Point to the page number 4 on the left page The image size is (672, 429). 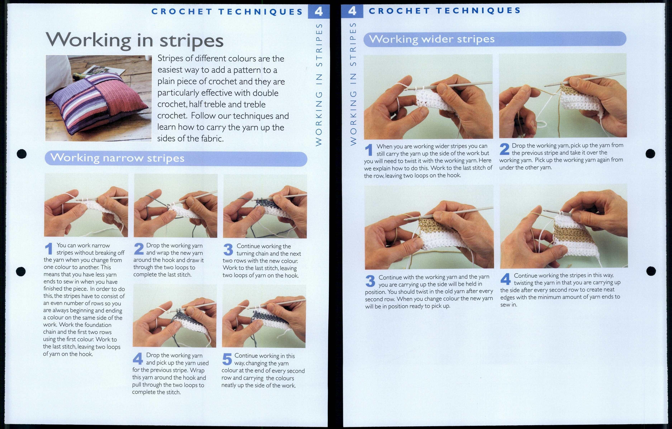[318, 11]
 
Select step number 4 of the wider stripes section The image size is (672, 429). [505, 279]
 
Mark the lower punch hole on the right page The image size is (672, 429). [651, 271]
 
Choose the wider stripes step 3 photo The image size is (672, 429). [429, 227]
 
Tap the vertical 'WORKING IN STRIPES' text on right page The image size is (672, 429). [353, 84]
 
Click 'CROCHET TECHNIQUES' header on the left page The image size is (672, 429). [227, 12]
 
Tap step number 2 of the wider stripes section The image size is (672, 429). [504, 149]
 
